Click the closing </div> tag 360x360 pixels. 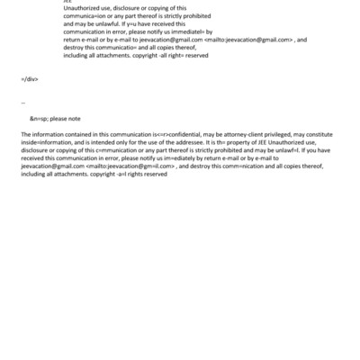(29, 79)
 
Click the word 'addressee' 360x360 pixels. (195, 142)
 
